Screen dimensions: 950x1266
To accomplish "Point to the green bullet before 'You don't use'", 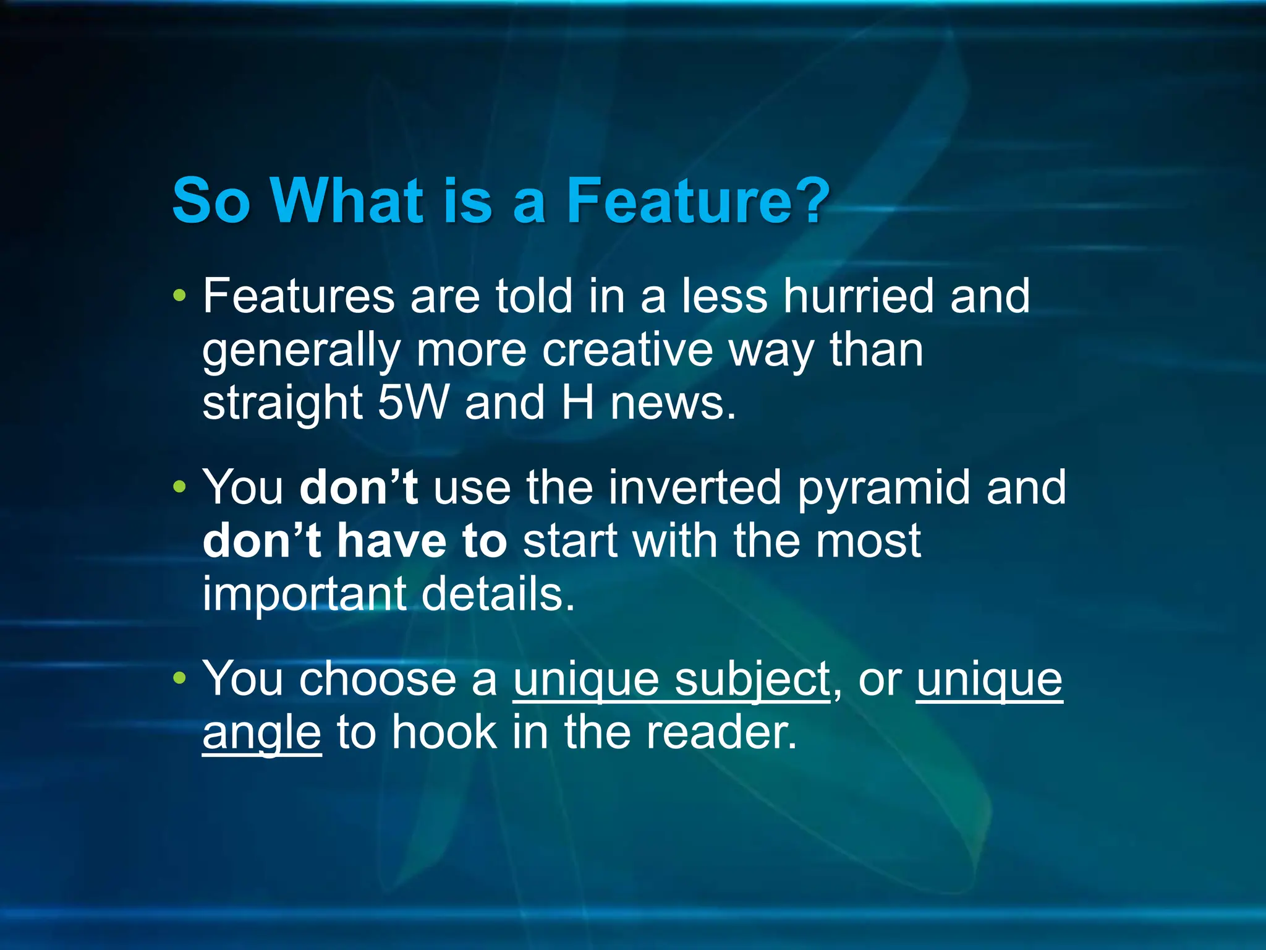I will coord(179,487).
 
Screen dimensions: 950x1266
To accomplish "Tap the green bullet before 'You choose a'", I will coord(179,678).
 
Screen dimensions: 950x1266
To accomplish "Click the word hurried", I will coord(858,296).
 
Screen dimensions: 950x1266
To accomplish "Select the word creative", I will coord(627,350).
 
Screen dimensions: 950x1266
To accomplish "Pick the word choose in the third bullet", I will coord(378,679).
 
